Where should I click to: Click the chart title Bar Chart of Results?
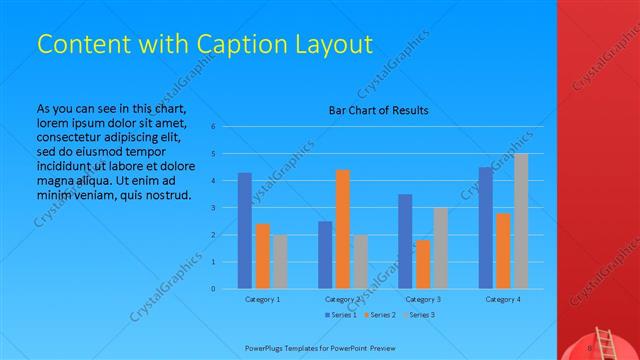(x=379, y=110)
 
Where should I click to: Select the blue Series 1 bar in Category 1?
(x=244, y=230)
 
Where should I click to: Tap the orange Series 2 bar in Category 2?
(x=343, y=229)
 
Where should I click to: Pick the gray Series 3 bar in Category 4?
(x=520, y=221)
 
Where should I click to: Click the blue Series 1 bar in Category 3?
(x=404, y=241)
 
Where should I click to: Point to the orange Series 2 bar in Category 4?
(x=503, y=251)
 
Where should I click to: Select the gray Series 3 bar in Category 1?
(x=279, y=261)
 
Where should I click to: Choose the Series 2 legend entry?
(x=380, y=315)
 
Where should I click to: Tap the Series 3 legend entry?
(x=421, y=315)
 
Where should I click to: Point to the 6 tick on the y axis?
(x=213, y=127)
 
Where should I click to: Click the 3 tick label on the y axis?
(x=213, y=208)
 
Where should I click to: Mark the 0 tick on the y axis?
(x=213, y=289)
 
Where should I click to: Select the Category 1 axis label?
(x=262, y=299)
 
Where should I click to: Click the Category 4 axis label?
(x=503, y=299)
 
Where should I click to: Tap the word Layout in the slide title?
(x=333, y=44)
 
